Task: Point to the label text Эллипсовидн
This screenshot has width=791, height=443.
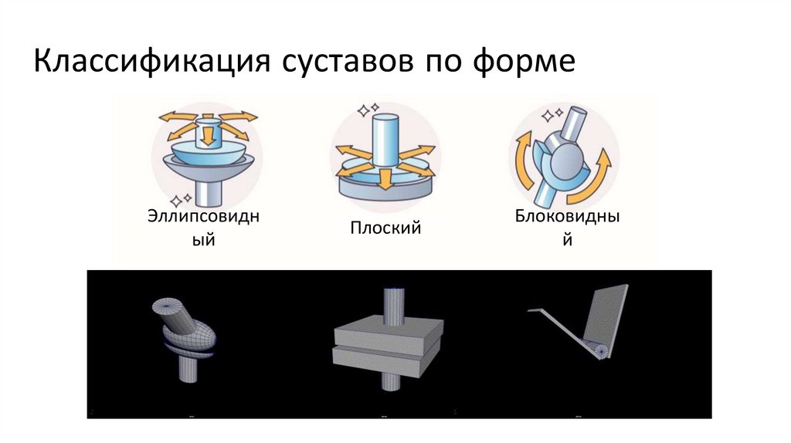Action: (x=203, y=216)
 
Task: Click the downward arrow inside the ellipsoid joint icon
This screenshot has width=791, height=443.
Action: (x=206, y=137)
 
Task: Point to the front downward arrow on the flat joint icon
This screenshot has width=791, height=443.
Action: (x=384, y=178)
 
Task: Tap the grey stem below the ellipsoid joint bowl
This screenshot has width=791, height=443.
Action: (x=206, y=188)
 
